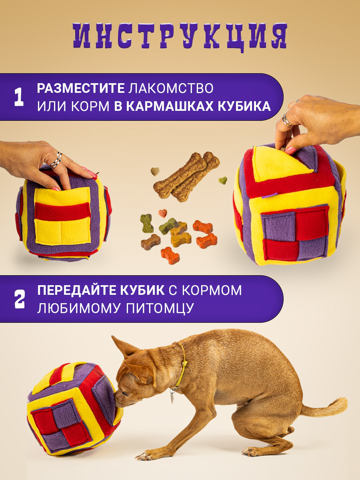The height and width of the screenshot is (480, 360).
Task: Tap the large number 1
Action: click(19, 97)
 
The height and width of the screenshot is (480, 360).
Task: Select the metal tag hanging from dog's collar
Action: click(173, 397)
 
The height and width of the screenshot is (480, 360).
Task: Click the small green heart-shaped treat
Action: click(223, 180)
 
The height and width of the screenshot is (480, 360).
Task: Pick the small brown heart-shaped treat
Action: click(155, 172)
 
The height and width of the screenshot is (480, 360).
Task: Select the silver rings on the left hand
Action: click(56, 160)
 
